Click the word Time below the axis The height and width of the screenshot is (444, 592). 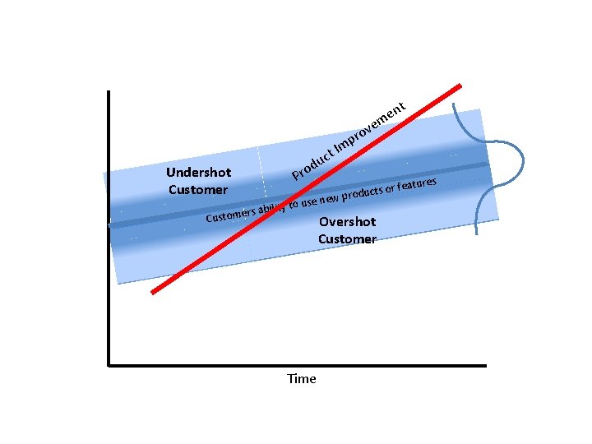click(x=301, y=379)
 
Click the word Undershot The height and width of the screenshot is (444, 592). click(x=198, y=173)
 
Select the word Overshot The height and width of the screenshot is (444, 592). click(x=347, y=222)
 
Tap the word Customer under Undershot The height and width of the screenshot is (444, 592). click(x=198, y=190)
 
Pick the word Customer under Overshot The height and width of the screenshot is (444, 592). click(x=347, y=239)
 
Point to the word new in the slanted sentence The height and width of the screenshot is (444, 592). click(x=329, y=200)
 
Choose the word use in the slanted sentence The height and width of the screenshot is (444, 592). click(x=308, y=203)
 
